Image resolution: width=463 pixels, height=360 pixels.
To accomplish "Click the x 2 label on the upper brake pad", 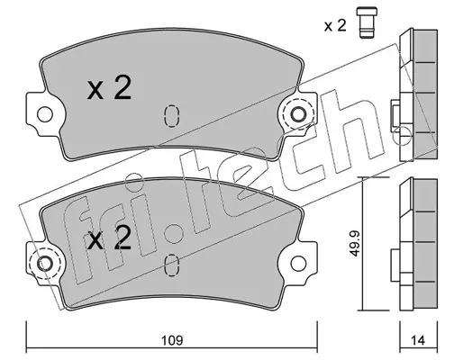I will coord(111,89).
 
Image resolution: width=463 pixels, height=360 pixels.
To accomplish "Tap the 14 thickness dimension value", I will coord(417,340).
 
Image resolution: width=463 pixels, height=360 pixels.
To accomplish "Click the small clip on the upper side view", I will coord(395,114).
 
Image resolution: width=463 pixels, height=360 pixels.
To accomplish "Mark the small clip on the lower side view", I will coord(395,265).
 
